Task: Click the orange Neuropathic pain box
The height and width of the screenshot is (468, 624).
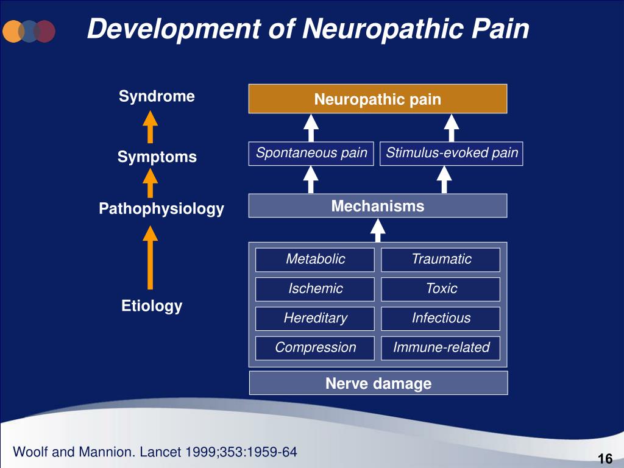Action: click(378, 99)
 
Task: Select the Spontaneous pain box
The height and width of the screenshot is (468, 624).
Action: click(311, 154)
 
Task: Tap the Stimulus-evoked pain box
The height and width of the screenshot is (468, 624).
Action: click(452, 154)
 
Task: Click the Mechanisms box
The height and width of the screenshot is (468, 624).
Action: click(378, 206)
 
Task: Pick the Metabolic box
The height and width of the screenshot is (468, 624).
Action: click(315, 260)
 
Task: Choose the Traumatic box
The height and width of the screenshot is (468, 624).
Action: click(441, 260)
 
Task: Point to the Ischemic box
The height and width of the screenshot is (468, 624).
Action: click(315, 289)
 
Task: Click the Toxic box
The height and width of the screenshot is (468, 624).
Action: click(441, 289)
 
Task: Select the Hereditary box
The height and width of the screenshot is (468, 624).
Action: click(315, 318)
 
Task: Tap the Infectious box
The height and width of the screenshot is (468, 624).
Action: click(441, 318)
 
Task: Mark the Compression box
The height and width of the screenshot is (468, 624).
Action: click(315, 348)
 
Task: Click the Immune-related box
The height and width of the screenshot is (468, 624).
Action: click(441, 348)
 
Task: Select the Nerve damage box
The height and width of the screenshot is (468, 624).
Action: click(378, 383)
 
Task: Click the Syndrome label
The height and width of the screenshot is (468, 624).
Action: click(157, 96)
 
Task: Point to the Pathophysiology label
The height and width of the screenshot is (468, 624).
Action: click(161, 210)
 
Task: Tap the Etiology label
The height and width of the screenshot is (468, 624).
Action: click(152, 306)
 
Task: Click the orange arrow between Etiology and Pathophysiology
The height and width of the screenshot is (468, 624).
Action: click(150, 257)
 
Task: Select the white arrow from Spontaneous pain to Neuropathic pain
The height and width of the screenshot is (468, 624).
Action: click(311, 129)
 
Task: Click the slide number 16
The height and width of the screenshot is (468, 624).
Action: click(604, 458)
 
